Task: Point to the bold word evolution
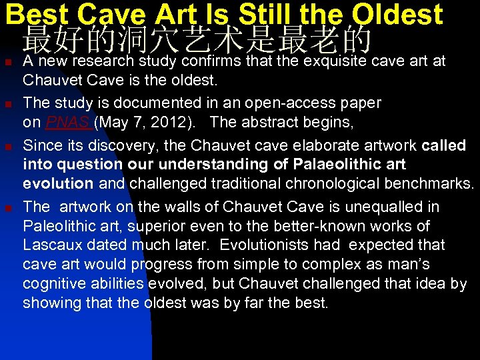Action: click(57, 183)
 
